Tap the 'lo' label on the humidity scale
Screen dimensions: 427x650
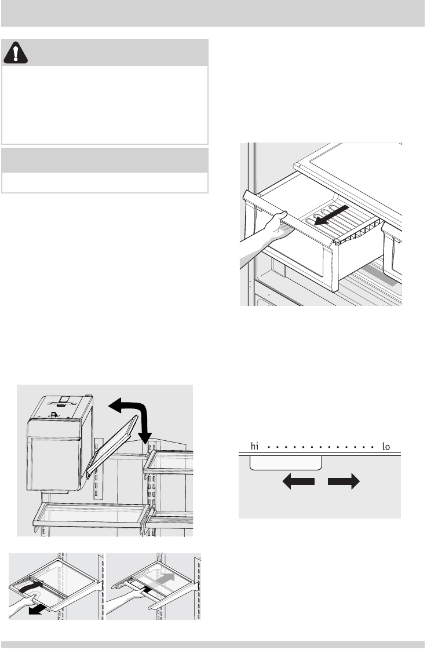coord(388,447)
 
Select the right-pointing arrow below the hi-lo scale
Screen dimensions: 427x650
coord(344,482)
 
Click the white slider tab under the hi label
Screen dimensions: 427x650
coord(285,462)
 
